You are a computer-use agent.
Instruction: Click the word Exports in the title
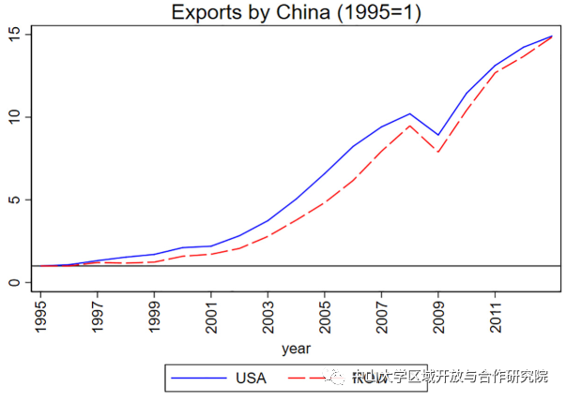point(202,13)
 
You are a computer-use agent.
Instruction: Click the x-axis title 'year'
point(296,349)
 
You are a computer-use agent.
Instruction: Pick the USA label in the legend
point(251,379)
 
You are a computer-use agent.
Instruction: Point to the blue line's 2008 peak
point(410,113)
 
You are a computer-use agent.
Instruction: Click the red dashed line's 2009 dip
point(438,152)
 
